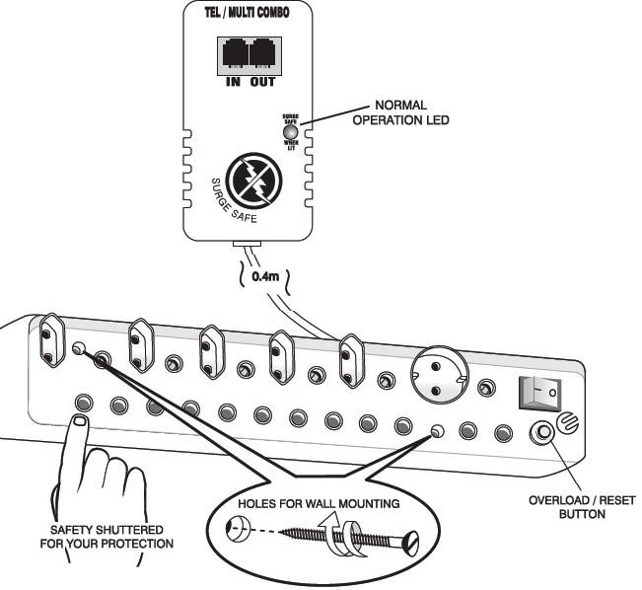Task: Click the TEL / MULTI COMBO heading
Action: point(245,18)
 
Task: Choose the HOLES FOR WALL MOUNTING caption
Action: point(318,504)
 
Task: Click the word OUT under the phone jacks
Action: point(261,81)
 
